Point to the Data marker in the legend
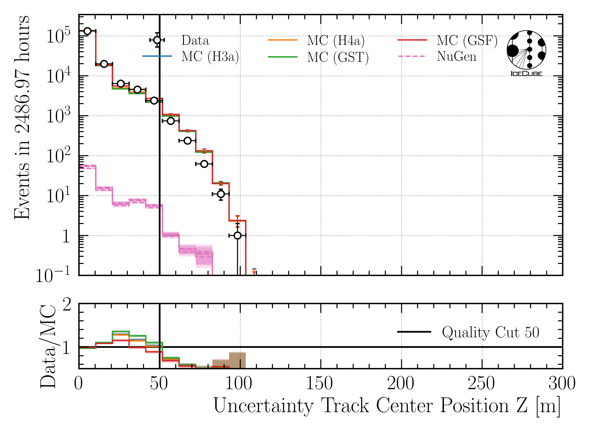pyautogui.click(x=157, y=40)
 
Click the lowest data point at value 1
pyautogui.click(x=237, y=236)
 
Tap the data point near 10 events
pyautogui.click(x=221, y=194)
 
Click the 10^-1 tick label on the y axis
pyautogui.click(x=53, y=275)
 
